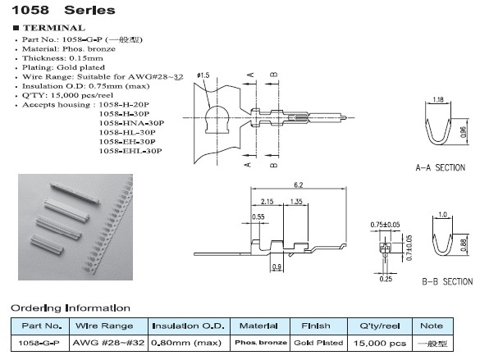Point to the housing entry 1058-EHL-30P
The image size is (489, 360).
(130, 152)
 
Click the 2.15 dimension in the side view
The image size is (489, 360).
(267, 201)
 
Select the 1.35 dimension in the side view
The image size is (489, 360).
(298, 201)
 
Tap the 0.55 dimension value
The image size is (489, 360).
(258, 217)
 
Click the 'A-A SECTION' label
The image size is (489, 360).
(440, 167)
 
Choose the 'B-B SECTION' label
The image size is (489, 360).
(446, 281)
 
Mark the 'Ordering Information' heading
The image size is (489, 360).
(70, 308)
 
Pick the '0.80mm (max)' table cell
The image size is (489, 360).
(190, 343)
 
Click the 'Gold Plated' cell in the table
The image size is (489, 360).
(318, 343)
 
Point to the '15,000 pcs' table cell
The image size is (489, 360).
(382, 343)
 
